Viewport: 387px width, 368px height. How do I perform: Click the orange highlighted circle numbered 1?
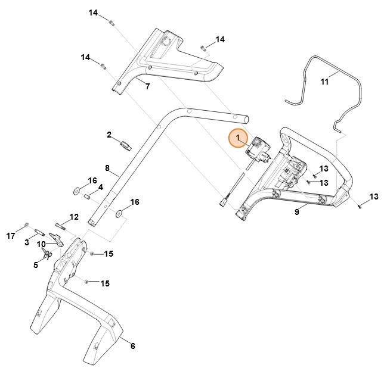coord(239,139)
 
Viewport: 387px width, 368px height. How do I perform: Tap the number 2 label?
coord(110,135)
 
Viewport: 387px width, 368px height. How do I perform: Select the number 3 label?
coord(27,242)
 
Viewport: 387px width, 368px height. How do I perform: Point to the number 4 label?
coord(100,187)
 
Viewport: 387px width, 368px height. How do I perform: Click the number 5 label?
coord(36,265)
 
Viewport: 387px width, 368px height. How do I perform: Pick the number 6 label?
coord(132,346)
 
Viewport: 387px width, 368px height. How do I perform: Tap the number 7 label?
coord(147,86)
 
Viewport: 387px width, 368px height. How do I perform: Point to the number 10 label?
coord(42,245)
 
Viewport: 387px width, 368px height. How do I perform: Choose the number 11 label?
coord(324,82)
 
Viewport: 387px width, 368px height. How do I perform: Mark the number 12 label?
coord(74,216)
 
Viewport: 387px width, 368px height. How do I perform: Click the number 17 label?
coord(10,236)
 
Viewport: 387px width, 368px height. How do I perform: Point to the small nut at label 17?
coord(27,225)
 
